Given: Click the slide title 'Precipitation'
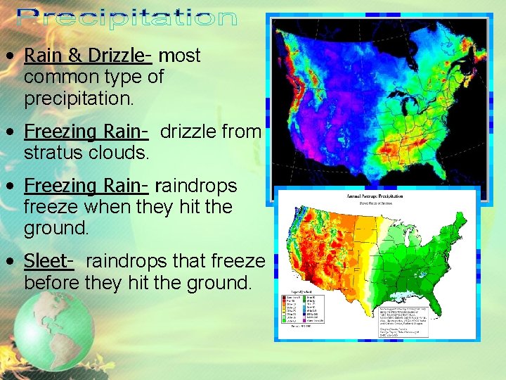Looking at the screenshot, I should point(126,18).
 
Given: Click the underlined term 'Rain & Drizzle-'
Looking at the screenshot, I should point(88,56).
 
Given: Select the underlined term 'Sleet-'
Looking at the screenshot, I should point(48,261).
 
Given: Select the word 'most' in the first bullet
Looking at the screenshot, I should point(179,56).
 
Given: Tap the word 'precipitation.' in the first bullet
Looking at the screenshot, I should point(78,99).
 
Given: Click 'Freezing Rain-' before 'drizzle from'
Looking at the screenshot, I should point(86,132).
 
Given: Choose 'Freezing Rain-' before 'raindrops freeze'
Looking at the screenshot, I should point(86,186).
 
